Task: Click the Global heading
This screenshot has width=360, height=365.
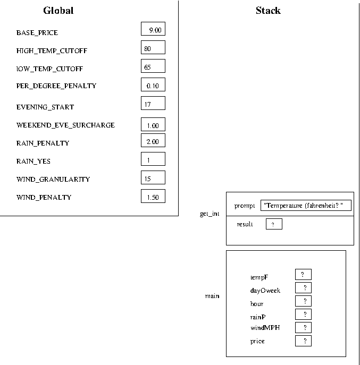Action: (58, 11)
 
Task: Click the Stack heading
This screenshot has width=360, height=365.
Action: (268, 11)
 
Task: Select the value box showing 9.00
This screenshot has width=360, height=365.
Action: (153, 29)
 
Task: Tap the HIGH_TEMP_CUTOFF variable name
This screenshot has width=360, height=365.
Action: (52, 51)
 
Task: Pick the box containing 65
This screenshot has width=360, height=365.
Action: (153, 66)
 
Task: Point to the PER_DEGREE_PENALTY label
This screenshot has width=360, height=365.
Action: (56, 86)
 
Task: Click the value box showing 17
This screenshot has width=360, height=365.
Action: (153, 103)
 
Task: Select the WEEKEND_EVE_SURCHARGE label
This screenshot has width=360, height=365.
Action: (65, 125)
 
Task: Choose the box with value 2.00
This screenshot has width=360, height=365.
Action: (153, 140)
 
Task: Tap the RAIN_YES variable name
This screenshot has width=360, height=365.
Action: (34, 162)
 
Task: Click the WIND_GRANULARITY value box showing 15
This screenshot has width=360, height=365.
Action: (153, 177)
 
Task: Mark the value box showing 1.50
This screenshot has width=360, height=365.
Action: (153, 196)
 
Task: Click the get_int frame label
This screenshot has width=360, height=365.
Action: (210, 214)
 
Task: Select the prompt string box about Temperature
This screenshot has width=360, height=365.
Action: (306, 205)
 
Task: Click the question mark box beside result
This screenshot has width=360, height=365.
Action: (274, 224)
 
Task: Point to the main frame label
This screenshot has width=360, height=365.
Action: (212, 296)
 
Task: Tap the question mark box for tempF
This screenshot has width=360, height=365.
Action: (303, 275)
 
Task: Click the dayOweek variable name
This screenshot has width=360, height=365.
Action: (265, 291)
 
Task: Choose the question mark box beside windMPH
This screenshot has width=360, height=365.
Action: (303, 327)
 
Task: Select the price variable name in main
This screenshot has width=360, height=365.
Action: (257, 341)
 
